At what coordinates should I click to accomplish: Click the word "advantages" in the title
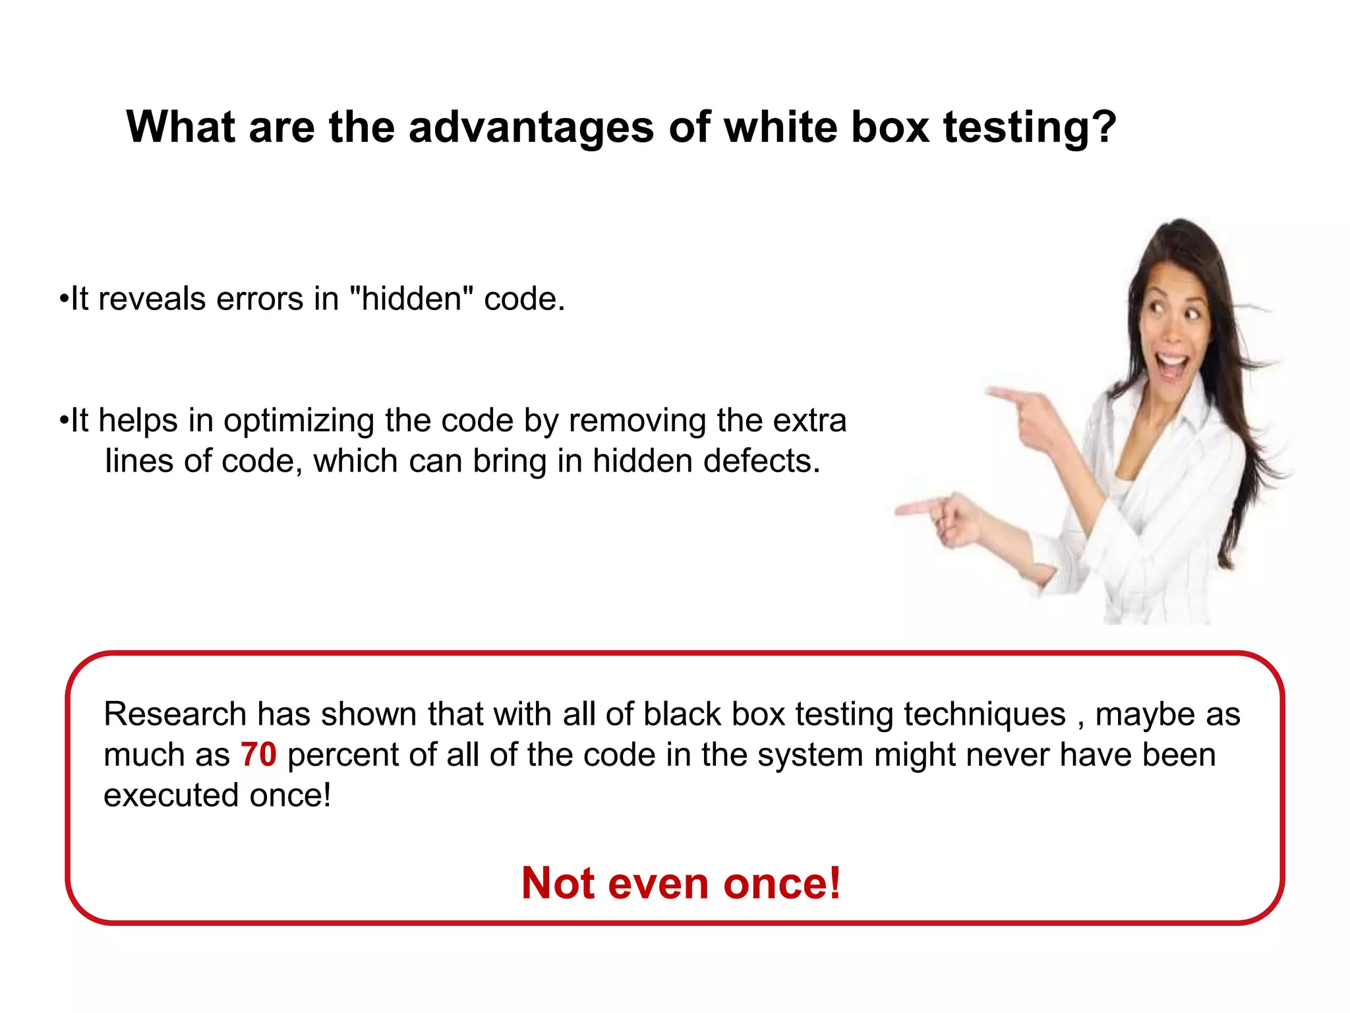click(531, 127)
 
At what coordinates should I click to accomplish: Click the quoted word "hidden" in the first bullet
click(411, 299)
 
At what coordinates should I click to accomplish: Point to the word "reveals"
click(152, 299)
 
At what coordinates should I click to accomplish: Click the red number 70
click(258, 754)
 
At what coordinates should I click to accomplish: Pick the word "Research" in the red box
click(175, 714)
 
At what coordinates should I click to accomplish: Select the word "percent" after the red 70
click(343, 755)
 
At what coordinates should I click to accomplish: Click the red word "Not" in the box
click(558, 883)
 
